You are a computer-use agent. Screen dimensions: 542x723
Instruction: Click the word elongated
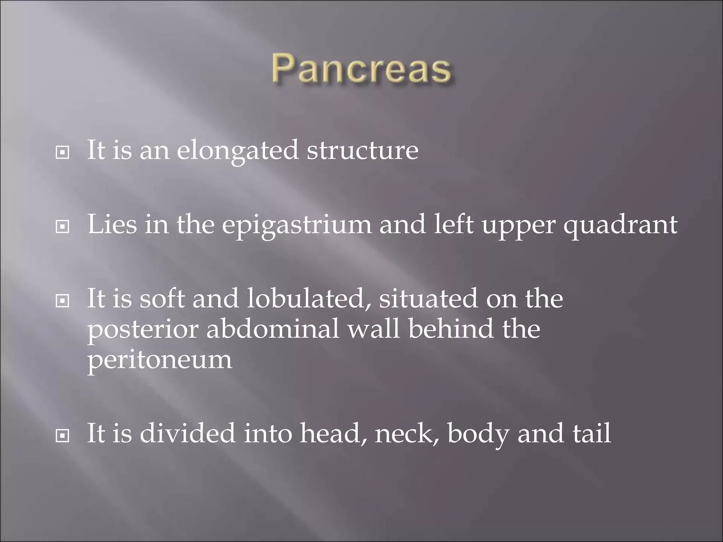238,150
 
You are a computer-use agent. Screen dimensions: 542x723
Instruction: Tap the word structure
362,150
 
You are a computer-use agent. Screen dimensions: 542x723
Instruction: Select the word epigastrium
297,225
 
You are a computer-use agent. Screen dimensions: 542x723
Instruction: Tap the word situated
428,299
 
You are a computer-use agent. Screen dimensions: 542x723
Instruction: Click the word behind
450,329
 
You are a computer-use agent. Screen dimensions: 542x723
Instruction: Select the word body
478,434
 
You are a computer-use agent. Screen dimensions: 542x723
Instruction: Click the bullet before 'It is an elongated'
62,153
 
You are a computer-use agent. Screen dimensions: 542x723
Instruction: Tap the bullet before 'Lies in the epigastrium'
62,227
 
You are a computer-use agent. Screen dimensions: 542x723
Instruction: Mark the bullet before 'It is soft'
62,301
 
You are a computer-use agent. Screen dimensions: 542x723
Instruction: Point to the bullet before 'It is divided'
62,436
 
